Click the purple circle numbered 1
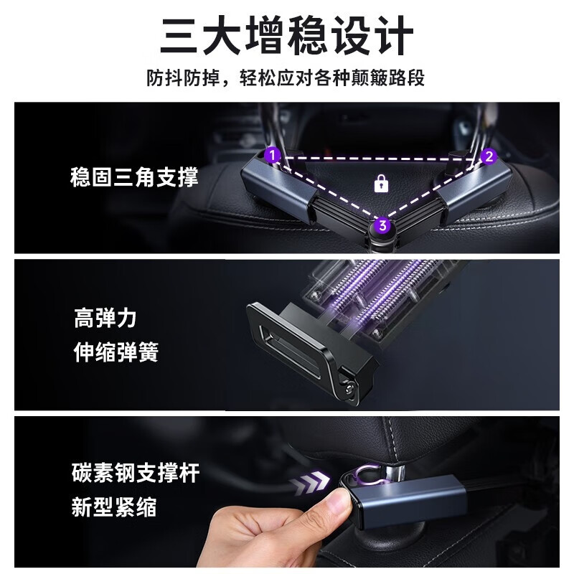272,154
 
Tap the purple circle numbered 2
489,156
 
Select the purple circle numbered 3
383,226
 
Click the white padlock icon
381,184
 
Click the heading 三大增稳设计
286,36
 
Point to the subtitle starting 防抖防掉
286,77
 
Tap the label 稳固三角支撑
134,177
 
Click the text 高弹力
105,318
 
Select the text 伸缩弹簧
116,353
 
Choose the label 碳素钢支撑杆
135,474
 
